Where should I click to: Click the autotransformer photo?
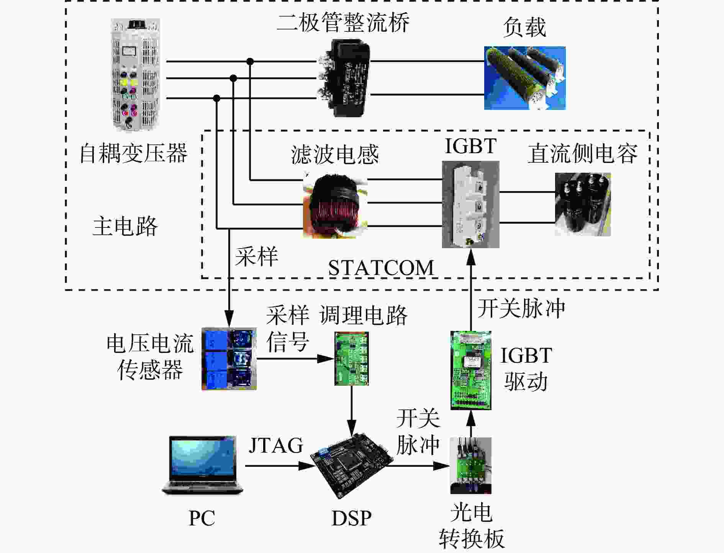click(x=135, y=75)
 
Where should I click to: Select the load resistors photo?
click(x=525, y=78)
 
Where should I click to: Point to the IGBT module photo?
click(x=471, y=205)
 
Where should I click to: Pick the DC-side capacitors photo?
click(x=583, y=205)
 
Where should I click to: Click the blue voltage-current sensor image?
click(x=229, y=359)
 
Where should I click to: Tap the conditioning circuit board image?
click(x=352, y=359)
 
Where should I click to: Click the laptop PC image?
click(x=202, y=465)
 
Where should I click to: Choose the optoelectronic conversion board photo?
click(x=471, y=466)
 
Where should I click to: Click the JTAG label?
click(x=276, y=445)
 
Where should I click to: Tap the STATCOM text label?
click(x=381, y=268)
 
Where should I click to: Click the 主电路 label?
click(x=125, y=226)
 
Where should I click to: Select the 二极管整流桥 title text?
click(x=343, y=22)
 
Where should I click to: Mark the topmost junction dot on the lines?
click(x=250, y=61)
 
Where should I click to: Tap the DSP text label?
click(x=351, y=518)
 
